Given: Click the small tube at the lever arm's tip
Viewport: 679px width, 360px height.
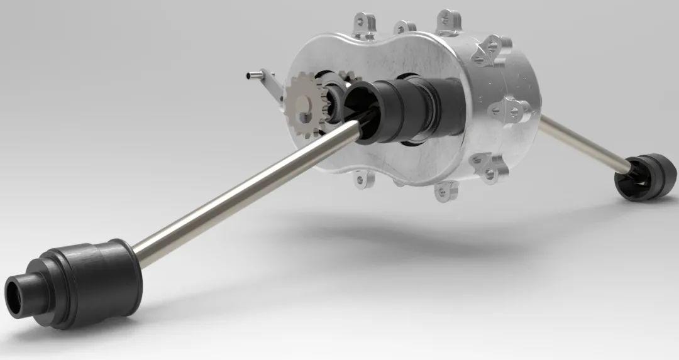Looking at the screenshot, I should pos(252,77).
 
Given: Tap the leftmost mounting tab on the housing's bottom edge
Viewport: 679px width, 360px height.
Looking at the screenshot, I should pos(362,180).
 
